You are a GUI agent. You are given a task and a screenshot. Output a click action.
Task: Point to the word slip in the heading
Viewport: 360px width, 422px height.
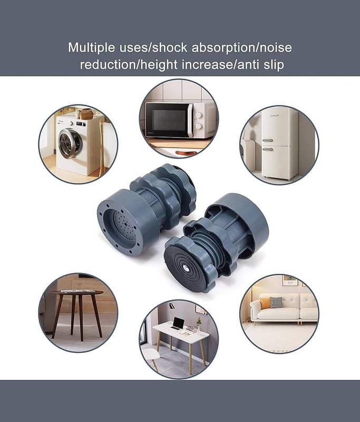pos(274,65)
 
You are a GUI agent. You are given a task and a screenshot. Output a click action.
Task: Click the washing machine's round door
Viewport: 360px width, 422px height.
pos(71,143)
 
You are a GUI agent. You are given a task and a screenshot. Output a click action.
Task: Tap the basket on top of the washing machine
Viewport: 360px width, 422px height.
pos(86,114)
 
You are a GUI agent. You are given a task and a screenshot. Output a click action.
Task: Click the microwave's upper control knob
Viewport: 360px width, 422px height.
pos(199,115)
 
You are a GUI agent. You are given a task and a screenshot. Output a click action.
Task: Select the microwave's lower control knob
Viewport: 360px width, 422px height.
pos(199,126)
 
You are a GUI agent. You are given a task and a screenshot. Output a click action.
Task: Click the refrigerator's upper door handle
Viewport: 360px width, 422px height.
pos(268,140)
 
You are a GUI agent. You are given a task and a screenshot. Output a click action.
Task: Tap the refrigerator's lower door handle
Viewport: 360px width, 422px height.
pos(268,149)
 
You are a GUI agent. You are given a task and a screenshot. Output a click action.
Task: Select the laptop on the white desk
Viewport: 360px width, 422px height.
pos(177,323)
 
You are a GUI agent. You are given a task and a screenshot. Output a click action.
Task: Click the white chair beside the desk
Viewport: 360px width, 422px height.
pos(151,357)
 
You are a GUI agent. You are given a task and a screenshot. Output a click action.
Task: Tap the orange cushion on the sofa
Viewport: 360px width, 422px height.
pos(265,303)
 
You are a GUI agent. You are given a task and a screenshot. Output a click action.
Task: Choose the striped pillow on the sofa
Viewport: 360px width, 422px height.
pos(276,302)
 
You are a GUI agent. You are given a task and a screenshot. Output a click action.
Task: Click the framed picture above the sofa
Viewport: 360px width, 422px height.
pos(290,281)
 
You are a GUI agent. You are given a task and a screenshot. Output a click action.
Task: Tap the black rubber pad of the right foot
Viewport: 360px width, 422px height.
pos(185,267)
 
